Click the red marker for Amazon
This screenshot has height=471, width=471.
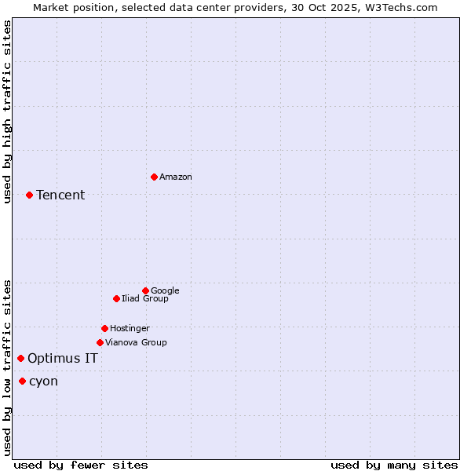click(x=154, y=177)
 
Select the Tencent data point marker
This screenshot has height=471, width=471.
click(x=29, y=195)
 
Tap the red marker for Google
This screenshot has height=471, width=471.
click(x=145, y=290)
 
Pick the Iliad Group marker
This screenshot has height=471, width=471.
click(x=116, y=298)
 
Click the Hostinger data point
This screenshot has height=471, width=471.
click(x=104, y=328)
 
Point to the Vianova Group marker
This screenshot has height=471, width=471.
click(x=100, y=342)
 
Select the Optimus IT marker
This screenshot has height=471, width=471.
click(x=20, y=358)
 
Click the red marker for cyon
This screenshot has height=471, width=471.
click(x=22, y=381)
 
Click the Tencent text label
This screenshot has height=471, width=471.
click(x=60, y=195)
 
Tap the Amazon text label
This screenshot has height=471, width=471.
click(x=176, y=177)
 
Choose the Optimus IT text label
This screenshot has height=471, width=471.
click(x=63, y=359)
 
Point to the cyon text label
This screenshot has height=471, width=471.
click(x=43, y=382)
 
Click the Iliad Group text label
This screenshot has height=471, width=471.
click(x=145, y=298)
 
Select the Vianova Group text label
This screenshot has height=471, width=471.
click(x=136, y=342)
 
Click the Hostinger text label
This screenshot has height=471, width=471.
click(x=130, y=328)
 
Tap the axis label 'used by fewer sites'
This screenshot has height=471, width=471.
click(x=81, y=465)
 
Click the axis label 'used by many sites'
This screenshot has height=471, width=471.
click(x=394, y=465)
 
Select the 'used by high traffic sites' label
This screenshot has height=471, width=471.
click(x=8, y=111)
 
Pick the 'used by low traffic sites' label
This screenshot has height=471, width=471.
click(x=8, y=367)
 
